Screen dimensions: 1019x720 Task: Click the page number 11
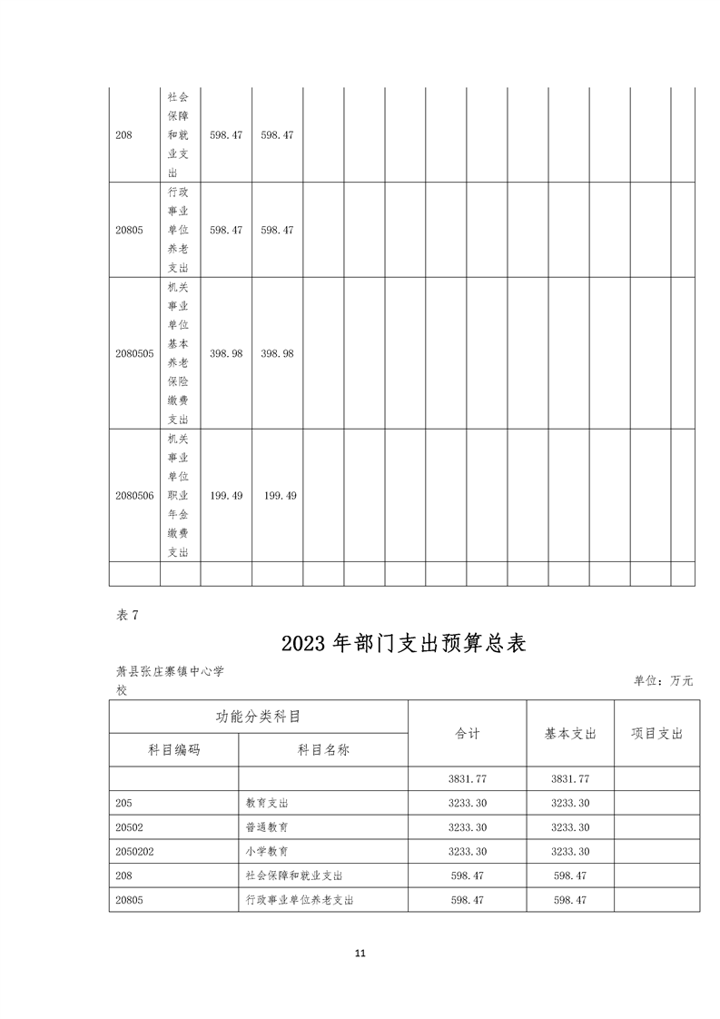click(x=360, y=954)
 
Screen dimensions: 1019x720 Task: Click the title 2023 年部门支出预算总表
click(x=404, y=643)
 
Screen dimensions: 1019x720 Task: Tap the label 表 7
click(x=127, y=615)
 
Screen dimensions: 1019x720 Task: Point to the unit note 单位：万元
click(x=663, y=680)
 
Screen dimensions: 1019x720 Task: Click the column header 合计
click(x=467, y=734)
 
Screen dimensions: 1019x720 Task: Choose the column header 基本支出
click(x=570, y=734)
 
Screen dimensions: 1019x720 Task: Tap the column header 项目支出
click(x=656, y=734)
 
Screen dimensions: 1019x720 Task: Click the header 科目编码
click(x=173, y=750)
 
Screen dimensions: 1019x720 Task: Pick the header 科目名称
click(x=323, y=750)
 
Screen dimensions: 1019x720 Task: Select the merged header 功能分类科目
click(x=258, y=716)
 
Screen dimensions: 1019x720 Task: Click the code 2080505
click(x=134, y=353)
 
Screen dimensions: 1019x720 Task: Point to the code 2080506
click(x=134, y=496)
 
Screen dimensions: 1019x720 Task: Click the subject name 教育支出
click(x=267, y=804)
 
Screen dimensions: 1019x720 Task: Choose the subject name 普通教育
click(x=267, y=827)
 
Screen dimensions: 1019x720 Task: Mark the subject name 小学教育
click(x=267, y=852)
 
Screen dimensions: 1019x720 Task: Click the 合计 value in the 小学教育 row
click(x=468, y=852)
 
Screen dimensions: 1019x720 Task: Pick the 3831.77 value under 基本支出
click(x=570, y=779)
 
